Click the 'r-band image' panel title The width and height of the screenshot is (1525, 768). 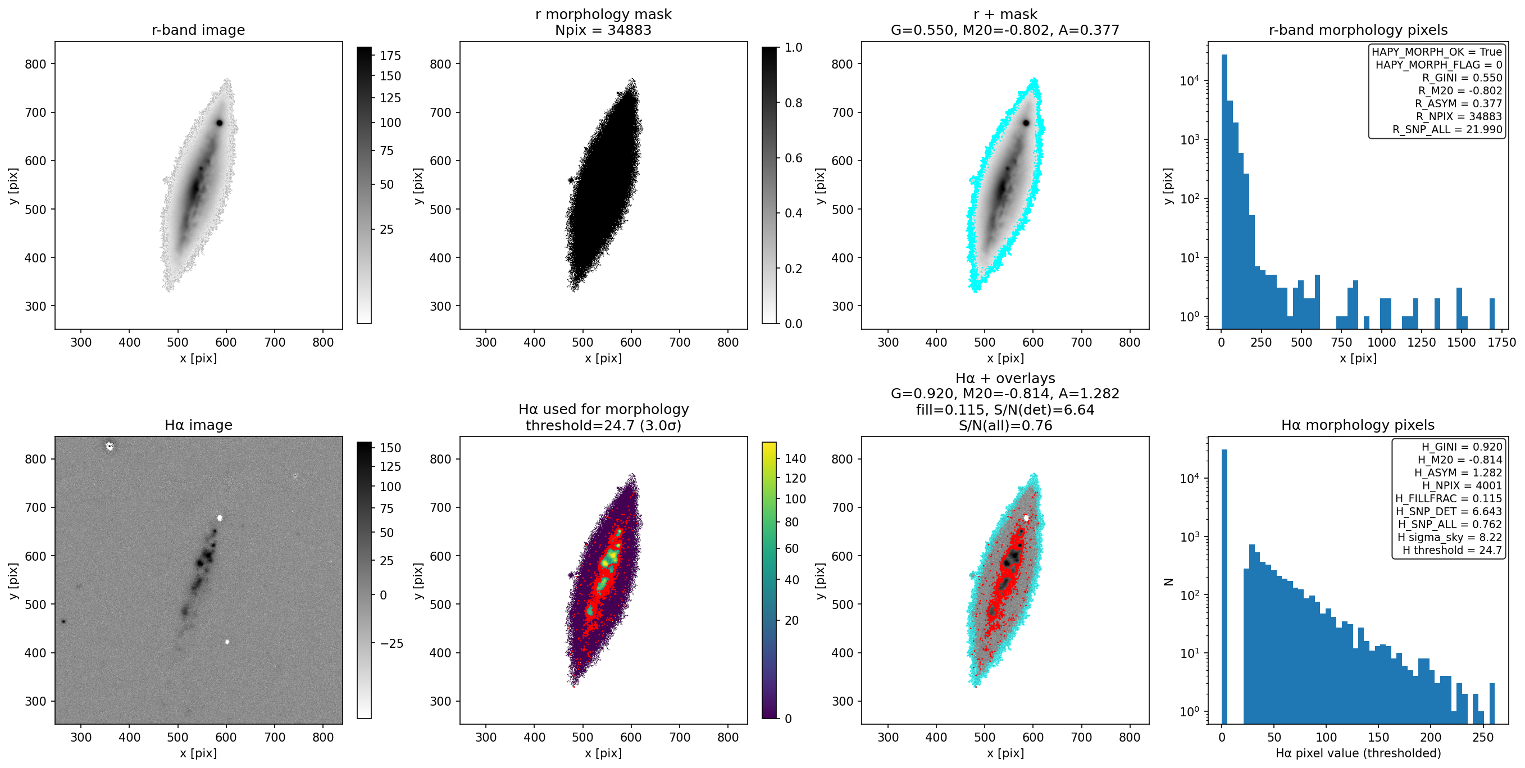click(x=198, y=30)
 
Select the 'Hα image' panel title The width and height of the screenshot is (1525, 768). click(x=198, y=425)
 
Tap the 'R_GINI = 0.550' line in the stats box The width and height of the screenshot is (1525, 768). click(x=1462, y=78)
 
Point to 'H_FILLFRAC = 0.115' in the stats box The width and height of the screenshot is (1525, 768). click(x=1449, y=498)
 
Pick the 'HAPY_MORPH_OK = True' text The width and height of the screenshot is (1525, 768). click(x=1437, y=52)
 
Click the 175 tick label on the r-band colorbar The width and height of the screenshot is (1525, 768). click(x=391, y=56)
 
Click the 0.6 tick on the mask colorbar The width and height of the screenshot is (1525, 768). click(x=793, y=158)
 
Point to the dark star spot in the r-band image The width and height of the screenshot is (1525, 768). click(x=220, y=123)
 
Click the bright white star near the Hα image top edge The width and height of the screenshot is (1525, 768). click(x=109, y=446)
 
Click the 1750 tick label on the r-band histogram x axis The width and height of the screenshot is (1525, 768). click(x=1501, y=342)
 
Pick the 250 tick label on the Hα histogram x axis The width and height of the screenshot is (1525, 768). click(x=1483, y=737)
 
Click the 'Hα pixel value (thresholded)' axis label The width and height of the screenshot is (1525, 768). click(x=1358, y=753)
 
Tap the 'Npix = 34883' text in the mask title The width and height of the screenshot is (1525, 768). click(x=603, y=30)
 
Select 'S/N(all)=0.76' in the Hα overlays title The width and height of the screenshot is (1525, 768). click(x=1005, y=425)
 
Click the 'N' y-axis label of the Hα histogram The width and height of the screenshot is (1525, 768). click(x=1168, y=581)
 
